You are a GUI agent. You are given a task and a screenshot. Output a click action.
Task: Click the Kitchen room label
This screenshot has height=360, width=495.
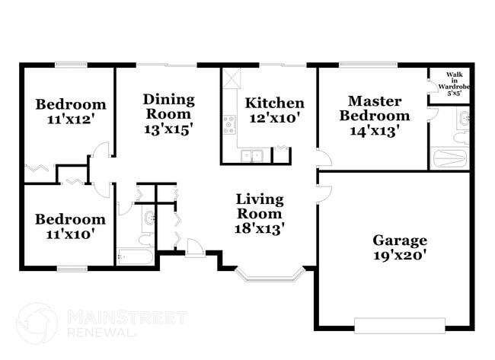pos(274,103)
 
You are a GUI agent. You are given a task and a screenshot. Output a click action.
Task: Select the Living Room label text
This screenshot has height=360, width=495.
pos(259,206)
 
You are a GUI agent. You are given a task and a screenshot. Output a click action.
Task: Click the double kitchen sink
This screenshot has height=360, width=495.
pos(251,156)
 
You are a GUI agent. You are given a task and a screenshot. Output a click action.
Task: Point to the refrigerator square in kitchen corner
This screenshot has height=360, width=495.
pos(231,77)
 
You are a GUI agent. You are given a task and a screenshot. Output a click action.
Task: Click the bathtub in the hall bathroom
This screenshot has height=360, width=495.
pos(135,256)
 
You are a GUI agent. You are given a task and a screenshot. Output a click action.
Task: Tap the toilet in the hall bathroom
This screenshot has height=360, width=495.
pos(148,221)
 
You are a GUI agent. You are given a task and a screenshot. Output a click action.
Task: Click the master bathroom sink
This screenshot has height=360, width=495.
pos(464,118)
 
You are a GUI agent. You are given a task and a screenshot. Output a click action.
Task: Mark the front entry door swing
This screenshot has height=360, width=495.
pos(195,247)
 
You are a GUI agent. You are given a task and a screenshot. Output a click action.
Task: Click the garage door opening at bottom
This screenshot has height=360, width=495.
pos(400,327)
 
